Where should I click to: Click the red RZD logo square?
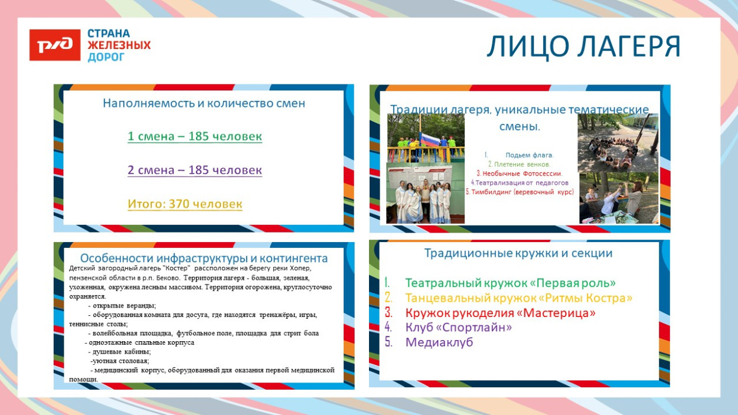click(x=55, y=45)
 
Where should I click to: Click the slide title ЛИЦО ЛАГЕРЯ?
click(x=583, y=47)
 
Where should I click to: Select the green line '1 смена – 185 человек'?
click(x=195, y=136)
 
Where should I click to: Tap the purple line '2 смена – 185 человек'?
click(x=195, y=170)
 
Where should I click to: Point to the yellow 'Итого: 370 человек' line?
click(x=185, y=204)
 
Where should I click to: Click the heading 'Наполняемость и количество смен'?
click(x=204, y=103)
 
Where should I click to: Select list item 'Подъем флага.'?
click(x=529, y=155)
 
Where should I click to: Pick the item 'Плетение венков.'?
click(x=519, y=164)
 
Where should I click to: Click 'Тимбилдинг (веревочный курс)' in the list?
click(x=520, y=192)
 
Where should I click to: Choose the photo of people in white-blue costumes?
click(x=425, y=195)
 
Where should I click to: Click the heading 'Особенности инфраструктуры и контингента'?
click(x=204, y=258)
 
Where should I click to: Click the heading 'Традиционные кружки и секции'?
click(x=518, y=253)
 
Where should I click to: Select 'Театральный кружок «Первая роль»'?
click(x=510, y=283)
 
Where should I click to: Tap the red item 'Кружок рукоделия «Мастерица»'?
click(x=500, y=312)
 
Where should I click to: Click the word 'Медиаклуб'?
click(x=439, y=342)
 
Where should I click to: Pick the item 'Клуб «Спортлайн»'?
click(x=458, y=327)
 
